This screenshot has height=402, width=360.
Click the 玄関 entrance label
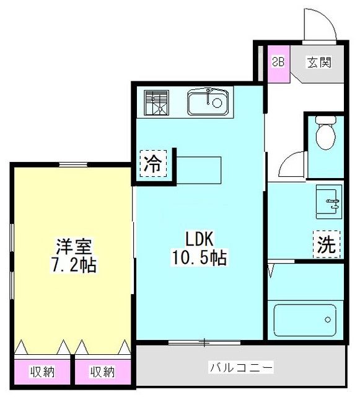[319, 62]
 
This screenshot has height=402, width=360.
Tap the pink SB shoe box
[279, 64]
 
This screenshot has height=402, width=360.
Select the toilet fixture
[326, 132]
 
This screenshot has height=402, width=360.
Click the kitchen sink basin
[208, 102]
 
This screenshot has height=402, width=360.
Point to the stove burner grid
[156, 102]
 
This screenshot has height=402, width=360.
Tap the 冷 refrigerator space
[153, 164]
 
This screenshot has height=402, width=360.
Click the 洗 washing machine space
[327, 244]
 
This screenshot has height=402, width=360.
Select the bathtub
[305, 319]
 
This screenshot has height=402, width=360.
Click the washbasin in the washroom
[329, 202]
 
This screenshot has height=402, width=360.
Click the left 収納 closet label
[43, 372]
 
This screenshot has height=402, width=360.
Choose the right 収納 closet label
[102, 372]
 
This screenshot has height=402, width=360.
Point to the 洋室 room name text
[74, 246]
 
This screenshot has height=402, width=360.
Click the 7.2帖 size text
[73, 265]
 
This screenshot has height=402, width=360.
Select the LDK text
[199, 239]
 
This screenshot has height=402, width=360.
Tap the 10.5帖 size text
[199, 257]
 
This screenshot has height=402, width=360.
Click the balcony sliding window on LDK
[204, 342]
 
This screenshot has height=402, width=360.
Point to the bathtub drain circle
[328, 319]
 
